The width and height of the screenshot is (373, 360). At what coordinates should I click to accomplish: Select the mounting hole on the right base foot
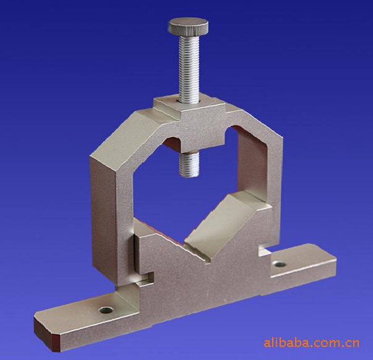pyautogui.click(x=280, y=263)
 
